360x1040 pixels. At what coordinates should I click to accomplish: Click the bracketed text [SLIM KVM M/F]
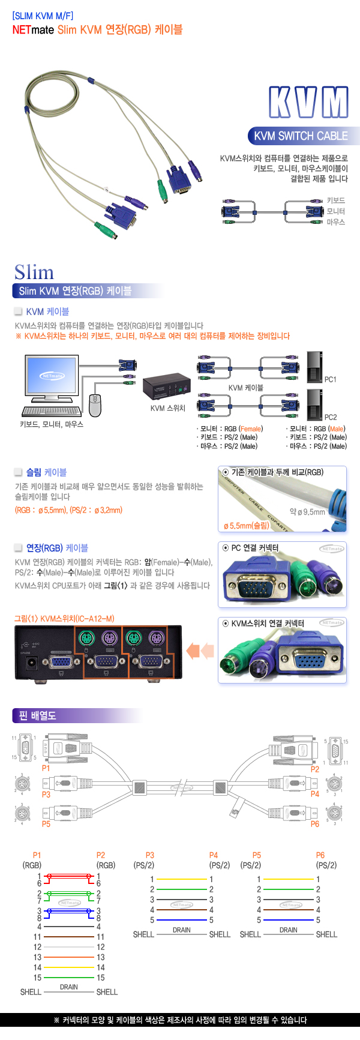(43, 16)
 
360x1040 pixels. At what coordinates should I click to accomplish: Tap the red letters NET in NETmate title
(21, 30)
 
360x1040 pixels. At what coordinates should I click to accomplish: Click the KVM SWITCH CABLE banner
(301, 136)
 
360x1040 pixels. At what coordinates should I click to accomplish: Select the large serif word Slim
(34, 272)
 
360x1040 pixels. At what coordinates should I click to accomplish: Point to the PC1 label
(331, 380)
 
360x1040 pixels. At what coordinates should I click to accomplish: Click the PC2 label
(331, 418)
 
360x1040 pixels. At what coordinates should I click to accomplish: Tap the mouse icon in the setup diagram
(95, 404)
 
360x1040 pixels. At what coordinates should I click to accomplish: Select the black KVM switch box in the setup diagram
(166, 387)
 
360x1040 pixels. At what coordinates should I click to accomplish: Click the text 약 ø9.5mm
(307, 512)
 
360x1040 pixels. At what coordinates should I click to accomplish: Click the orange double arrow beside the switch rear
(200, 651)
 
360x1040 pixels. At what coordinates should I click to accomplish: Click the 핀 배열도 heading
(37, 715)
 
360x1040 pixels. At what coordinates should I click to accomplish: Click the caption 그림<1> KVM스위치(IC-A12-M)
(64, 619)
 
